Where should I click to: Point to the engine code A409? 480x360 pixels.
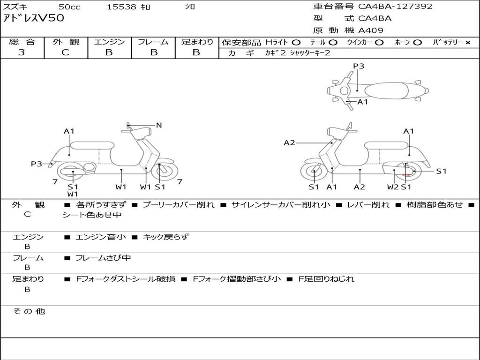371,30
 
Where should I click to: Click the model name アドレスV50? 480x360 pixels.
34,19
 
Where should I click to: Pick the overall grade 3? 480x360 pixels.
22,52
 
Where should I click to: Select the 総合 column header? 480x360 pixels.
22,42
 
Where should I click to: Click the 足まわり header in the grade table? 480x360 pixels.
197,42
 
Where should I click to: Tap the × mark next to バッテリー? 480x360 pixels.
467,42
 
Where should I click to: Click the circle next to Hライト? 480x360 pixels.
297,42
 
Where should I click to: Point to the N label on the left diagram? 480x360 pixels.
159,125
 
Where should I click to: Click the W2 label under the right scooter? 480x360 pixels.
392,187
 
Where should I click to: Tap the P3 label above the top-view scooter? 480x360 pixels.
359,66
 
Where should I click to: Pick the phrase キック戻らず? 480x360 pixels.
165,237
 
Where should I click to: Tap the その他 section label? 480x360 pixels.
29,311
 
